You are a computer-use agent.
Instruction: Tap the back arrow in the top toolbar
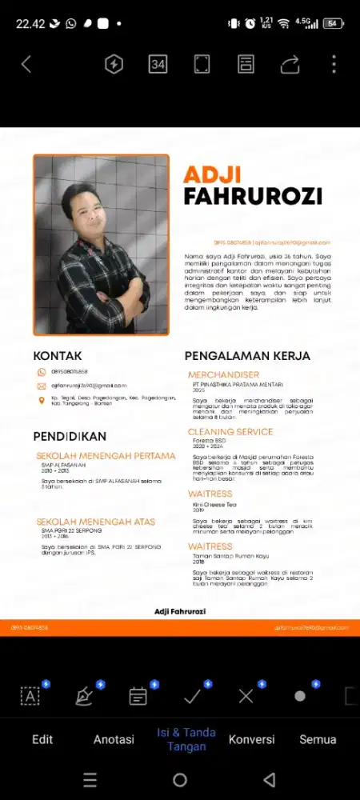click(26, 65)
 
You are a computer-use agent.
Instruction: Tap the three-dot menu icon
click(334, 65)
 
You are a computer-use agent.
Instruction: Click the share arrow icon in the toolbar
click(290, 65)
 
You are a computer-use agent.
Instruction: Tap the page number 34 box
click(158, 65)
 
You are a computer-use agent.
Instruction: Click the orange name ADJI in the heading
click(210, 174)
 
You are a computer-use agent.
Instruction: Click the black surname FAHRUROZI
click(252, 197)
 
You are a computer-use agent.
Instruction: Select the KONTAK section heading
click(57, 355)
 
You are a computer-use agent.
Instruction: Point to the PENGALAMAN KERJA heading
click(247, 355)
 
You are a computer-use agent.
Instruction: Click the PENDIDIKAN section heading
click(70, 437)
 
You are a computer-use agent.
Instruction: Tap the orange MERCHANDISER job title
click(223, 374)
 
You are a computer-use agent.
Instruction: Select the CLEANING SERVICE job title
click(230, 432)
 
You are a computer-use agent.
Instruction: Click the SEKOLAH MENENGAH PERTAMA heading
click(106, 456)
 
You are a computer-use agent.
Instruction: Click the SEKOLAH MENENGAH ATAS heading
click(94, 519)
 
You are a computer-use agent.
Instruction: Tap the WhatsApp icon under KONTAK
click(42, 372)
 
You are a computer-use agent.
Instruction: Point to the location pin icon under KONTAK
click(42, 399)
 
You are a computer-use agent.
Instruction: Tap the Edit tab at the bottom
click(42, 739)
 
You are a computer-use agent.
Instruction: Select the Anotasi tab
click(114, 739)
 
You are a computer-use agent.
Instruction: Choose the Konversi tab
click(251, 739)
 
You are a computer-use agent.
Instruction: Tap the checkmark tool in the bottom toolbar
click(192, 696)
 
